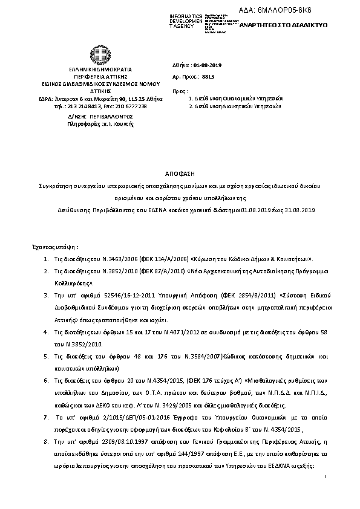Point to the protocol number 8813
pyautogui.click(x=208, y=77)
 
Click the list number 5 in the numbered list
pyautogui.click(x=47, y=357)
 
